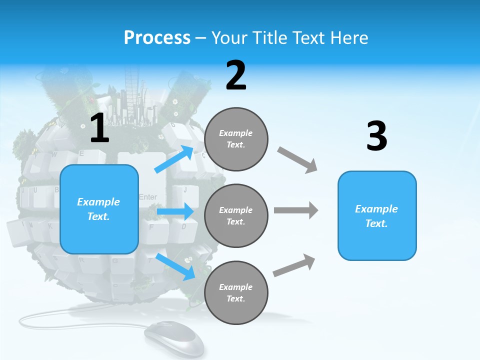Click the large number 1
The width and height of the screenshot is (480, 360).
[x=99, y=128]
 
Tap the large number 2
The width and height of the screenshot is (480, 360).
[x=236, y=75]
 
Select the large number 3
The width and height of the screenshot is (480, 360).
[x=376, y=136]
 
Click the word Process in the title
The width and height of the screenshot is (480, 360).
[x=157, y=37]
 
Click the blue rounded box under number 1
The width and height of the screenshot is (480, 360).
[x=99, y=209]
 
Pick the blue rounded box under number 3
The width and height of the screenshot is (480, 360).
[x=377, y=215]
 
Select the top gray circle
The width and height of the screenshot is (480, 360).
[x=236, y=139]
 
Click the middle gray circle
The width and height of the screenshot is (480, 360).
[x=236, y=215]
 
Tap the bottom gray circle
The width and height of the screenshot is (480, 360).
[x=236, y=292]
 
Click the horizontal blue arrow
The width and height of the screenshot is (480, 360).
[x=175, y=212]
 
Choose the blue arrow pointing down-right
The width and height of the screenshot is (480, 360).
[x=175, y=266]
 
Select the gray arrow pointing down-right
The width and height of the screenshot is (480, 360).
[x=297, y=160]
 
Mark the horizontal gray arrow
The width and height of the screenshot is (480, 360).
[x=296, y=210]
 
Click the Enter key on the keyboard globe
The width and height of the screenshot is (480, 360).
[x=148, y=197]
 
